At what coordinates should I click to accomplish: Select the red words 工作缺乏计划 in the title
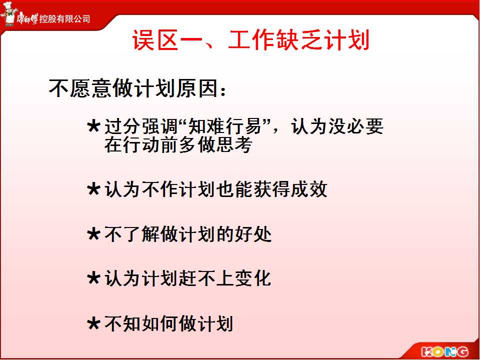(299, 40)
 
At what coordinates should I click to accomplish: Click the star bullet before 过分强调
(93, 126)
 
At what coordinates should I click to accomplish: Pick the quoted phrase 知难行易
(224, 126)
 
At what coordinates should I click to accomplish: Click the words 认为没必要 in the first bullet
(337, 126)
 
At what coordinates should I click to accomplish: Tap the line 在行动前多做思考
(178, 145)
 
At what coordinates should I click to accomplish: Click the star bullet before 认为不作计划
(93, 189)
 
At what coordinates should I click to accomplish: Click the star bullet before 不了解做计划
(93, 234)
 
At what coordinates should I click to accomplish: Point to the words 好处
(253, 234)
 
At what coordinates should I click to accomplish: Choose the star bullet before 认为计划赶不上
(93, 278)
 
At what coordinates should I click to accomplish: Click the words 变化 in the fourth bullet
(253, 278)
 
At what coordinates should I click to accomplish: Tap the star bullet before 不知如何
(93, 324)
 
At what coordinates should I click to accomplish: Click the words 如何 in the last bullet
(160, 324)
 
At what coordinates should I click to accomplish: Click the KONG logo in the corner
(445, 351)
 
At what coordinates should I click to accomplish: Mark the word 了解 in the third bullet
(141, 234)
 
